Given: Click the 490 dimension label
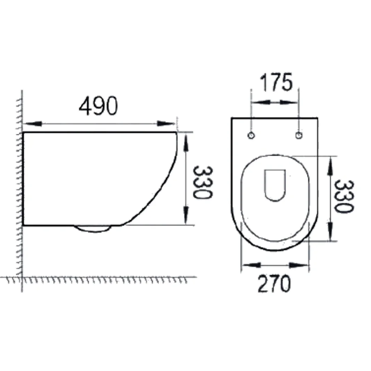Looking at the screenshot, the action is pos(98,106).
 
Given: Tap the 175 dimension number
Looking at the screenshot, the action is pos(276,82).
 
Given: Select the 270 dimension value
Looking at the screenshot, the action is pos(274,284).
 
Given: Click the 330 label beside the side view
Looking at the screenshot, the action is pos(202,183).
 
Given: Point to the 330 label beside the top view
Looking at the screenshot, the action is pos(344,197).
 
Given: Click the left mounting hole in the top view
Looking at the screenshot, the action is pos(251,135).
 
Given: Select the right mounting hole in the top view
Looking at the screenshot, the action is pos(299,135).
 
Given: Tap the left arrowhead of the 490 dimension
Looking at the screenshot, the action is pos(33,123).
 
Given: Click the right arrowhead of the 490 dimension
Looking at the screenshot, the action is pos(166,123).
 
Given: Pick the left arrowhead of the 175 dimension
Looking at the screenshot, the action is pos(262,103).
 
